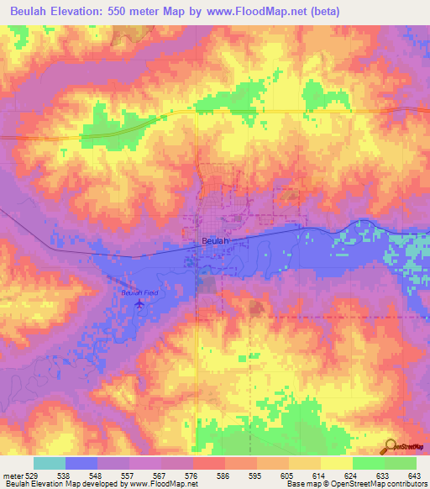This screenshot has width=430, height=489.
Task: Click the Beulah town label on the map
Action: (x=215, y=241)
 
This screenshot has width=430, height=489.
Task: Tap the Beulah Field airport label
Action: (x=139, y=292)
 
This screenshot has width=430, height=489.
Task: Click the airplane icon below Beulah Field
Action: (x=139, y=304)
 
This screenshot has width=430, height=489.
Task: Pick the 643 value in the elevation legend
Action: (x=413, y=475)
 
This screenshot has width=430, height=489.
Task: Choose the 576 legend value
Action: (x=191, y=475)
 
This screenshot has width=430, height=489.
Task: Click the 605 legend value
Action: (x=286, y=475)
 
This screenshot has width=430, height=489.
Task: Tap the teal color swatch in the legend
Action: (x=50, y=463)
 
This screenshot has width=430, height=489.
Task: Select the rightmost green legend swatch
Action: (x=401, y=463)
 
